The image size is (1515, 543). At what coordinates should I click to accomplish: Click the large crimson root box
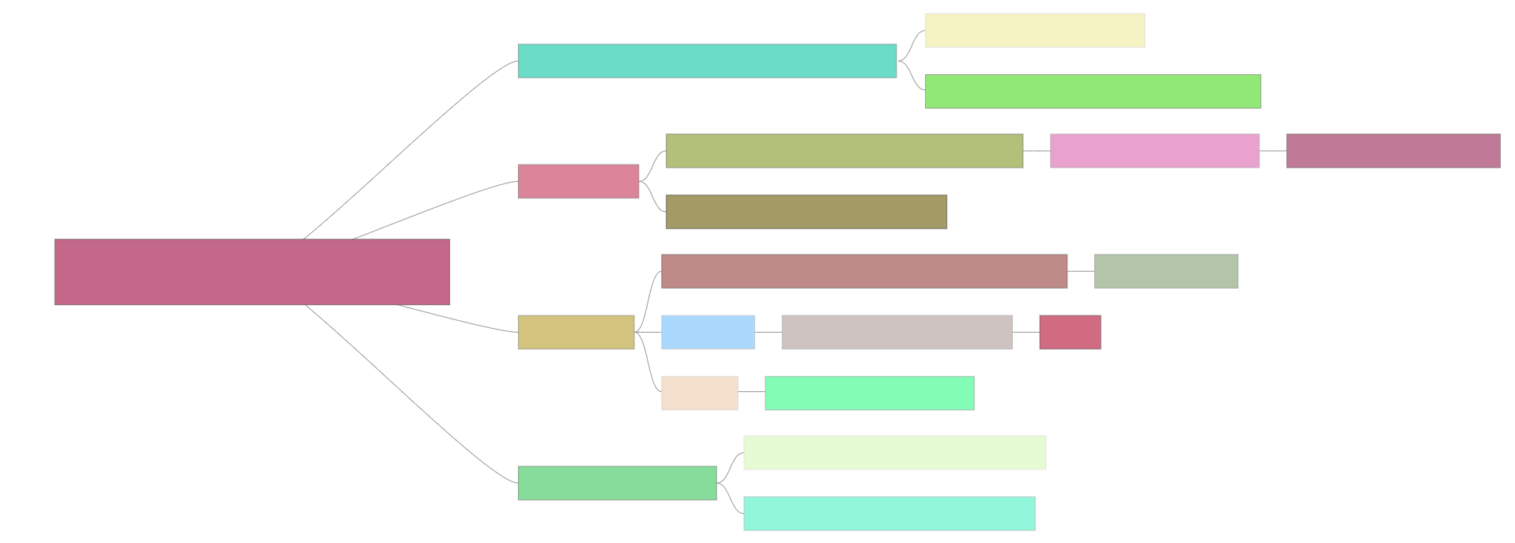click(251, 271)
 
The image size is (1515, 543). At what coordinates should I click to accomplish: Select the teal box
click(707, 61)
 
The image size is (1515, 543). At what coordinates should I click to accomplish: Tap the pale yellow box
click(1034, 30)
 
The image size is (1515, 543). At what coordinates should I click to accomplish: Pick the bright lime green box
click(1093, 91)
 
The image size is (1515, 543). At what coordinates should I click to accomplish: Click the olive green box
click(844, 151)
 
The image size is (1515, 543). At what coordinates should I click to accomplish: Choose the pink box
click(1154, 151)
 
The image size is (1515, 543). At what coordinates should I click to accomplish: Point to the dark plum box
click(1392, 151)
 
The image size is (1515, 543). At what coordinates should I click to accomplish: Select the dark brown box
click(806, 212)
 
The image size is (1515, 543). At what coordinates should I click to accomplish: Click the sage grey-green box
click(1166, 271)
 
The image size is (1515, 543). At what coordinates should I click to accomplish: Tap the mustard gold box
click(576, 332)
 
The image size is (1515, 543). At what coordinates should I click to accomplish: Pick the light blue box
click(708, 332)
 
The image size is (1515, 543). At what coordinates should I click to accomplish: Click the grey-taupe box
click(896, 332)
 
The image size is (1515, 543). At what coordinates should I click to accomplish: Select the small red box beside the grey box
click(1069, 332)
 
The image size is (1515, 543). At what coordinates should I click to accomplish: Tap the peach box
click(699, 393)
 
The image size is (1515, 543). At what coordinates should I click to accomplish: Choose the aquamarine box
click(889, 514)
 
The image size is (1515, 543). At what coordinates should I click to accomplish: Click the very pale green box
click(894, 452)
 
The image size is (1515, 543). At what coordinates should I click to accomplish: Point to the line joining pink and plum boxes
click(1272, 150)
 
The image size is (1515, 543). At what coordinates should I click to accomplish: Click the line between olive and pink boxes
click(1036, 150)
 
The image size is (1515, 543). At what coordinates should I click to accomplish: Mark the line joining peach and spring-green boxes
click(751, 392)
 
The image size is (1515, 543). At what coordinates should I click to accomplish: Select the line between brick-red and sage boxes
click(1080, 270)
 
